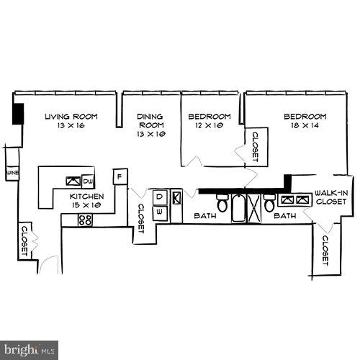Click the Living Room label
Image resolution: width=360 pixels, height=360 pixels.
point(71,116)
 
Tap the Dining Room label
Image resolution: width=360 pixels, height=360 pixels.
point(151,117)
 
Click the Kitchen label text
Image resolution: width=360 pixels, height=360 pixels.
point(87,196)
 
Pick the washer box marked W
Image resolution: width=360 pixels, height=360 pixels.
point(159,212)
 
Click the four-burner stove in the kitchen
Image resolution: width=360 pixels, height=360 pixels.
point(86,220)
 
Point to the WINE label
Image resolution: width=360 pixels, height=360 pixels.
point(12,174)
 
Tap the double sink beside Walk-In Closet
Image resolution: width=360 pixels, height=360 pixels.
point(295,199)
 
